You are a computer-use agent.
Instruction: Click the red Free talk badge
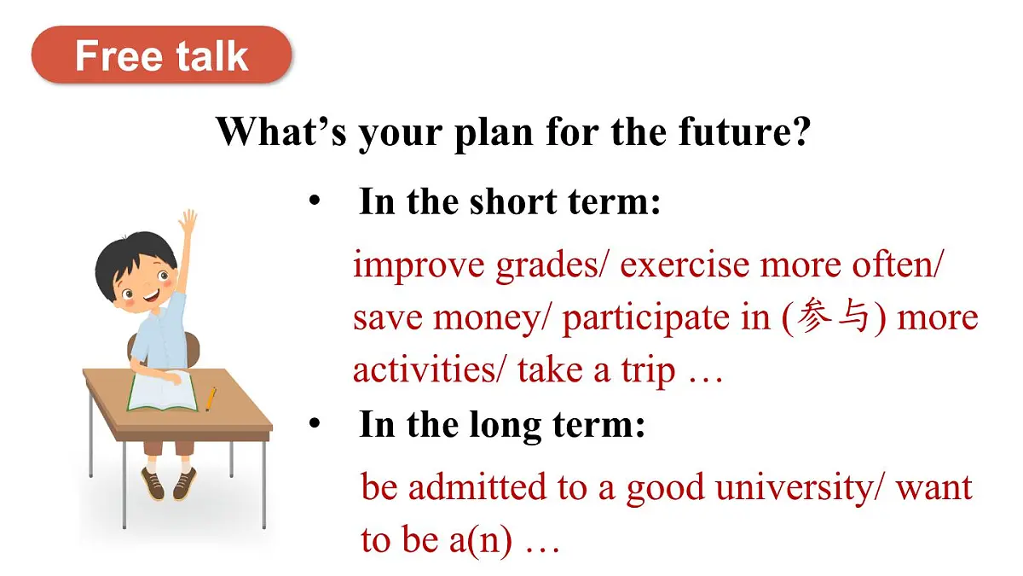pyautogui.click(x=161, y=55)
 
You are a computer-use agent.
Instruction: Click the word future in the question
pyautogui.click(x=744, y=131)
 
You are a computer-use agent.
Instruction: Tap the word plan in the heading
pyautogui.click(x=494, y=132)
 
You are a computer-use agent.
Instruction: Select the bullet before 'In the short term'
pyautogui.click(x=315, y=201)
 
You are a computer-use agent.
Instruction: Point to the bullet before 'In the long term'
pyautogui.click(x=315, y=423)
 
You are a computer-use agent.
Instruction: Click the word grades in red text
pyautogui.click(x=550, y=266)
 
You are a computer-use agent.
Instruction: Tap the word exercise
pyautogui.click(x=685, y=265)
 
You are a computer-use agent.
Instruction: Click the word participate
pyautogui.click(x=646, y=318)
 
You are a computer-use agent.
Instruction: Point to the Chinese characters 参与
pyautogui.click(x=833, y=316)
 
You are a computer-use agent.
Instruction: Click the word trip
pyautogui.click(x=648, y=372)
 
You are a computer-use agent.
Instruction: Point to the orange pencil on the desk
pyautogui.click(x=211, y=399)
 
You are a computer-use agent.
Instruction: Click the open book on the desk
pyautogui.click(x=162, y=392)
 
